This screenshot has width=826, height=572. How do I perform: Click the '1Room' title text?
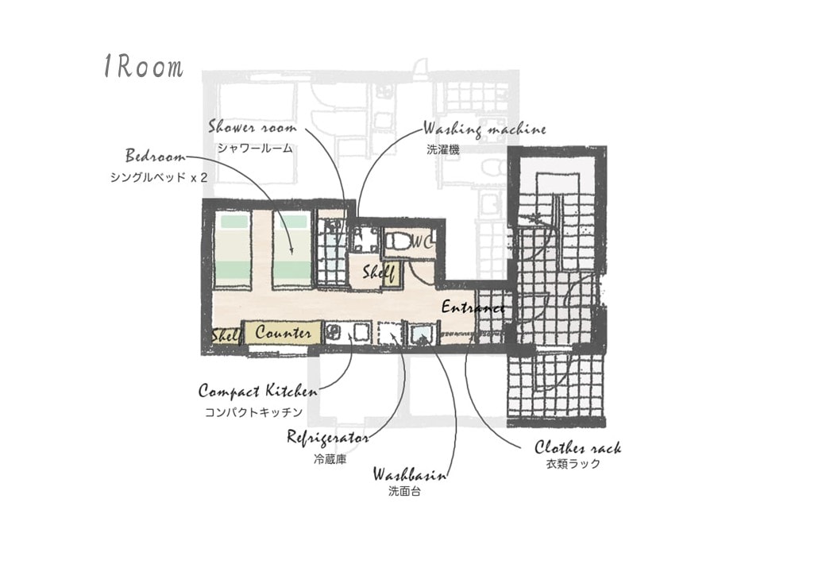tap(144, 67)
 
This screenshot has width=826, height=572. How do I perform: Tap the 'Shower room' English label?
tap(253, 127)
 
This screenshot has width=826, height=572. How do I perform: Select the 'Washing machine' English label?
tap(484, 129)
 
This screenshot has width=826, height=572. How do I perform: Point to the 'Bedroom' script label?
tap(156, 156)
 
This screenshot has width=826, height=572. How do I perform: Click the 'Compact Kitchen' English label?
tap(258, 391)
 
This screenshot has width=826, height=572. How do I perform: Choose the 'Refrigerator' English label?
tap(328, 438)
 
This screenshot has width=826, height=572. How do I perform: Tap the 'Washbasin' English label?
tap(410, 474)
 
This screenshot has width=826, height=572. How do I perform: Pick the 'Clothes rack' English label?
tap(578, 448)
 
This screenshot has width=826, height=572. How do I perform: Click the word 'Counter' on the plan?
tap(283, 332)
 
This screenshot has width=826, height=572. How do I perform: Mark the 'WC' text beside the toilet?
tap(422, 242)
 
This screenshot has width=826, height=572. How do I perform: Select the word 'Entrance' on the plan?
tap(473, 307)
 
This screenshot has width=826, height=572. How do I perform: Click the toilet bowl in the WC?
tap(397, 242)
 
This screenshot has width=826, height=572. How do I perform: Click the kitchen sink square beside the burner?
tap(361, 333)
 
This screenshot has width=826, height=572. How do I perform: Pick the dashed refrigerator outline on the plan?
tap(389, 333)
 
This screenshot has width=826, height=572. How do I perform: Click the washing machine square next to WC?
tap(364, 241)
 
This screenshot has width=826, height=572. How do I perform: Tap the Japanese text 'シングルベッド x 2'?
tap(159, 177)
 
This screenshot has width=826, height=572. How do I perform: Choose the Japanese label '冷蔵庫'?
tap(330, 459)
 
